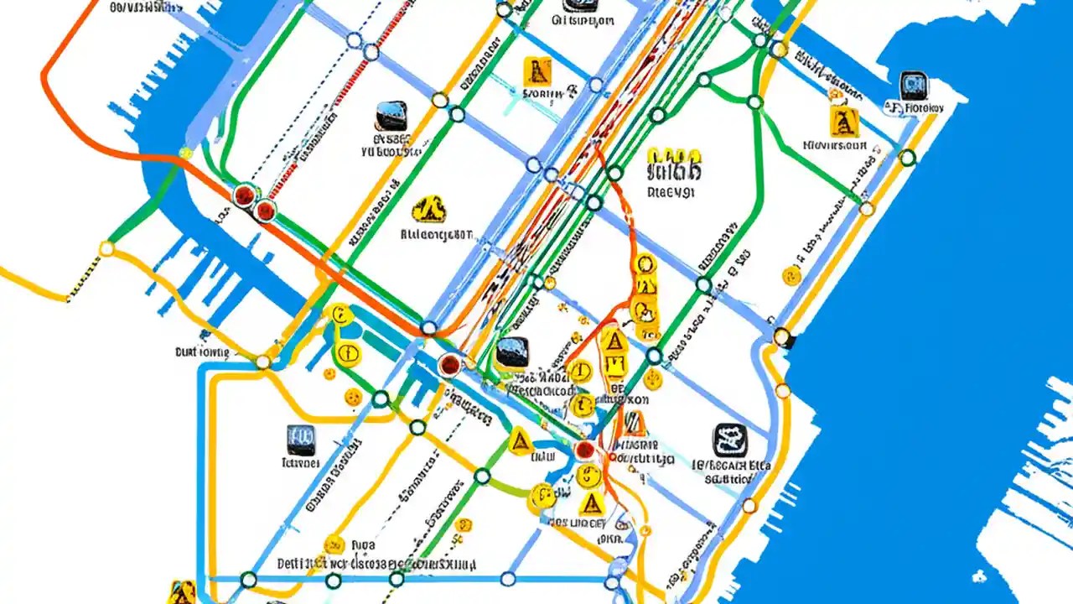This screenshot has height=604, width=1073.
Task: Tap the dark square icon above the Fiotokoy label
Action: [x=913, y=86]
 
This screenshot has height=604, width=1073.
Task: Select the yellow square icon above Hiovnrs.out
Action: [x=844, y=122]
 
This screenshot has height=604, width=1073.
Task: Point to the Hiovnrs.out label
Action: [x=834, y=144]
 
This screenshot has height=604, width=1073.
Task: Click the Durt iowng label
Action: [x=201, y=352]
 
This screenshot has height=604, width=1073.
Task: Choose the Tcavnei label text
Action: [x=300, y=462]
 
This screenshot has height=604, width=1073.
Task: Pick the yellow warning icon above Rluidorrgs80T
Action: [x=430, y=209]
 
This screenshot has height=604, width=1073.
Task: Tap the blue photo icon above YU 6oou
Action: [x=391, y=116]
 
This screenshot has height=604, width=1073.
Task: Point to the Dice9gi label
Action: [x=671, y=191]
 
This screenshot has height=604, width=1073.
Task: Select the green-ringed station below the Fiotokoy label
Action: [x=907, y=157]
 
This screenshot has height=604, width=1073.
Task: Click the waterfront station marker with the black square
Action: [x=782, y=337]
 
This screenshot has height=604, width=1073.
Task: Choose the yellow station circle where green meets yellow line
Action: [x=106, y=248]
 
